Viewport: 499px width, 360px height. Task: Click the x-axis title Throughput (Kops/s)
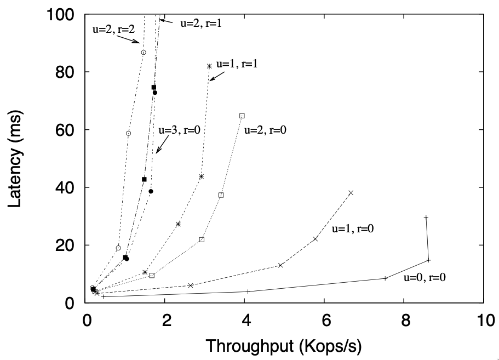point(283,346)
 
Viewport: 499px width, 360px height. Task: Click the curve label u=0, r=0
point(425,277)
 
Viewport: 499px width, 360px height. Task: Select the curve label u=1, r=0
point(353,229)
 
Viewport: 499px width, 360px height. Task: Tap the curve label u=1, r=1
point(237,64)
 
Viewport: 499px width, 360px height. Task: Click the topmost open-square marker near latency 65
point(242,116)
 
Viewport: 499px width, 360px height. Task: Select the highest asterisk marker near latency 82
point(209,66)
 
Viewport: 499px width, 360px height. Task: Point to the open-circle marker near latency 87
point(144,53)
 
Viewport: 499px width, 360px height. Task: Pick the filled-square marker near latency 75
point(154,87)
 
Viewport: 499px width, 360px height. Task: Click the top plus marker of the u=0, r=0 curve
point(426,218)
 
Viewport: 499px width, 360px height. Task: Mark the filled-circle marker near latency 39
point(151,191)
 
